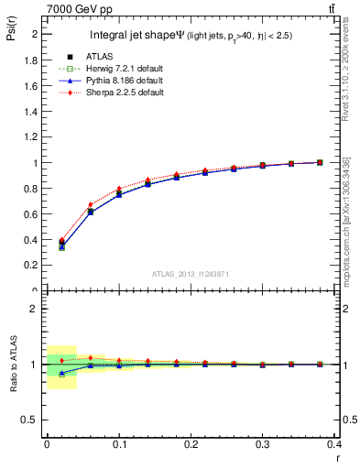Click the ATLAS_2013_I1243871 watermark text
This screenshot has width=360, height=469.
click(190, 274)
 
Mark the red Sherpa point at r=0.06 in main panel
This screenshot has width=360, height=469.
click(91, 204)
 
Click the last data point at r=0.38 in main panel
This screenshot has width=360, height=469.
click(320, 162)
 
